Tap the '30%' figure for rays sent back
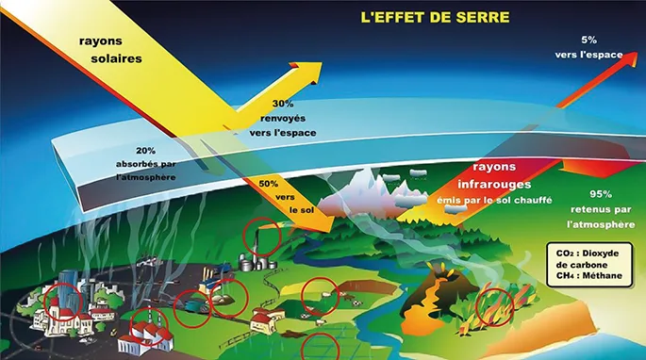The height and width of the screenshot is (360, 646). [x=282, y=104]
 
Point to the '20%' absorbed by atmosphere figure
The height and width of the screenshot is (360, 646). [x=146, y=151]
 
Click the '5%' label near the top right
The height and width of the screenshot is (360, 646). [x=589, y=41]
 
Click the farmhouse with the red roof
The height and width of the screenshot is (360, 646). [x=267, y=321]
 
